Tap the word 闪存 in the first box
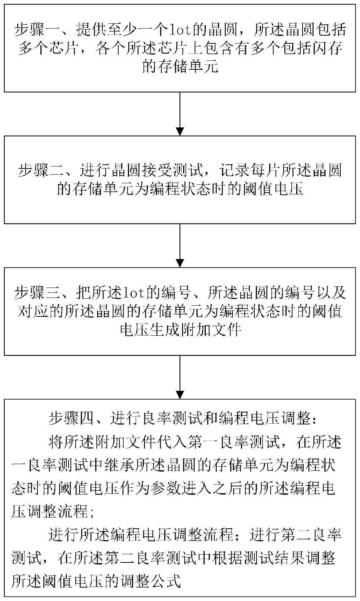(x=327, y=48)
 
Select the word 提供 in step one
(x=92, y=30)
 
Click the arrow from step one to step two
(x=180, y=114)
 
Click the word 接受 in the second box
(x=158, y=170)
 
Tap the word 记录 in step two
(x=235, y=170)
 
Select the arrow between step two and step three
(x=180, y=246)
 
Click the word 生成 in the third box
(x=166, y=330)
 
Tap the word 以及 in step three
(x=331, y=293)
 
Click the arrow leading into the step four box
(x=180, y=377)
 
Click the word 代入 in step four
(x=172, y=441)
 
